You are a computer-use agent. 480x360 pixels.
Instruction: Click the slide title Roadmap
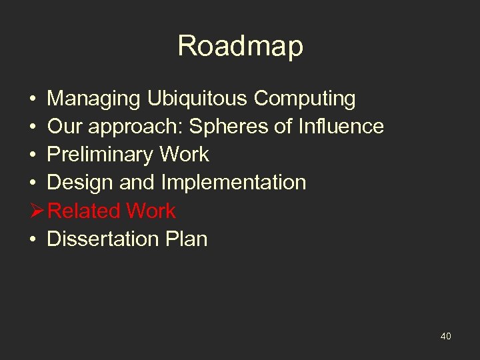(x=240, y=47)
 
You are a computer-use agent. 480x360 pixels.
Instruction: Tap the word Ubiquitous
(x=193, y=99)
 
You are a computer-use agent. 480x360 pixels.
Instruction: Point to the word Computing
(x=305, y=99)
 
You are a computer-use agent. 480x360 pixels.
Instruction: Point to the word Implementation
(x=233, y=183)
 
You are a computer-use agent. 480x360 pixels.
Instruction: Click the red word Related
(x=85, y=211)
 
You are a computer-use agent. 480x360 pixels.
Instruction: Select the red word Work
(x=151, y=211)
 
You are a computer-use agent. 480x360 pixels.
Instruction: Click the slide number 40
(x=445, y=337)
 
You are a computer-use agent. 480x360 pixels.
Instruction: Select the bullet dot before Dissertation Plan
(x=33, y=239)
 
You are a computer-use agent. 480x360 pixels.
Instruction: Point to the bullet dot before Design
(x=33, y=183)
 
